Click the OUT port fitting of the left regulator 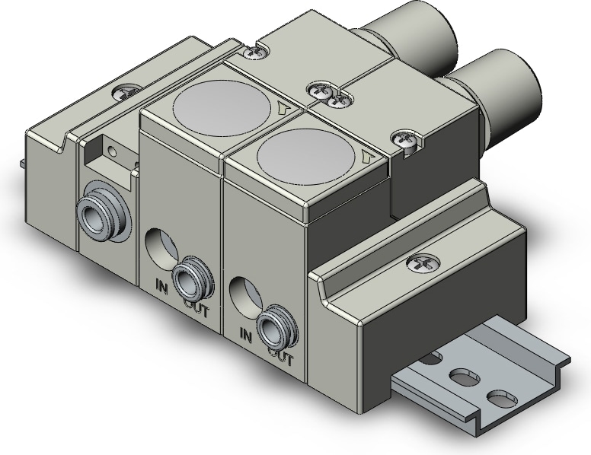coord(187,280)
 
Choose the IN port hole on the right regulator coord(244,292)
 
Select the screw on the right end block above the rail coord(419,262)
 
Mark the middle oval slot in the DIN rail coord(462,377)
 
